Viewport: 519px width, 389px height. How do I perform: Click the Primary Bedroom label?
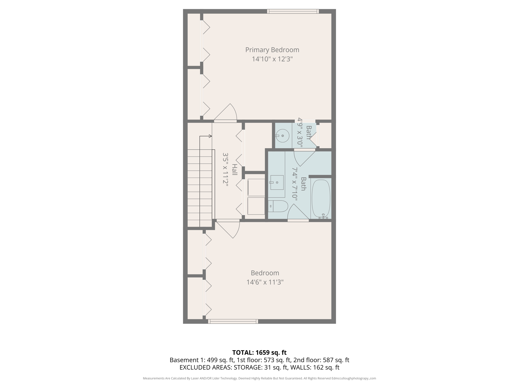click(x=272, y=50)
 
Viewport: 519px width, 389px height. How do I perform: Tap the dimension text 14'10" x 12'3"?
click(x=272, y=59)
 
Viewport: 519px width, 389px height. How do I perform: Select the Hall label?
click(x=235, y=170)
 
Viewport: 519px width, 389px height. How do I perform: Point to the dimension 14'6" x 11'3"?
click(x=265, y=282)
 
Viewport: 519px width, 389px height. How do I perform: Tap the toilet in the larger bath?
click(x=278, y=206)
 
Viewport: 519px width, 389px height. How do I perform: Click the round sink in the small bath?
click(x=282, y=136)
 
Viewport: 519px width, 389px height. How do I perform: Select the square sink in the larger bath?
click(x=277, y=182)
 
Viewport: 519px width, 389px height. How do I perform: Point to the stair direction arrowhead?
click(x=210, y=136)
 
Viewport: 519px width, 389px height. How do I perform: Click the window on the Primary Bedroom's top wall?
click(x=293, y=11)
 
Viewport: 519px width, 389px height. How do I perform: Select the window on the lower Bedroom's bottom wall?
click(x=233, y=321)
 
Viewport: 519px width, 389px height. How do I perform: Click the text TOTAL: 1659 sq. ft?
click(x=259, y=353)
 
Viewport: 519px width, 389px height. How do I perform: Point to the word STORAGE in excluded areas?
click(x=248, y=367)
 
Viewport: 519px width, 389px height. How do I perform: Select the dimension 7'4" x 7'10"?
click(x=295, y=184)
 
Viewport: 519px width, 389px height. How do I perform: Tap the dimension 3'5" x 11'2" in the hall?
click(x=225, y=170)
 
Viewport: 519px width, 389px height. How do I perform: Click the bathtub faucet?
click(x=323, y=216)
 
